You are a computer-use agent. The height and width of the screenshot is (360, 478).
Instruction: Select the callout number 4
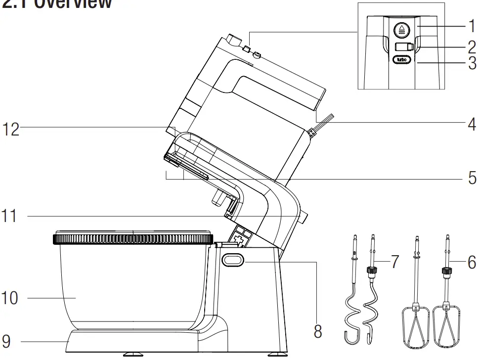click(471, 123)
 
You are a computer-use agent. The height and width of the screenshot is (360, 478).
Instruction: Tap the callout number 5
click(471, 177)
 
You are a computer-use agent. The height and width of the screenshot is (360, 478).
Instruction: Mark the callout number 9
click(7, 341)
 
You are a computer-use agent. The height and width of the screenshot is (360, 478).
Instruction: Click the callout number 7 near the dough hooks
click(394, 262)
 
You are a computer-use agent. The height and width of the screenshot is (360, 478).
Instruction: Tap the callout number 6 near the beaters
click(471, 262)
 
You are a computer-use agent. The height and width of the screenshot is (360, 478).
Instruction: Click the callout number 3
click(471, 63)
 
